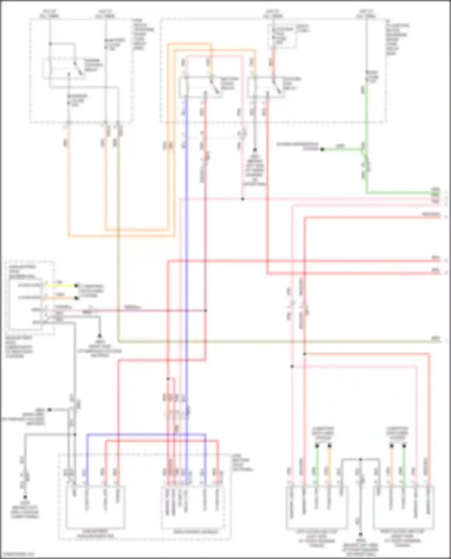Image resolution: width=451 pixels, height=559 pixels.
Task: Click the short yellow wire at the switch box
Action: point(60,285)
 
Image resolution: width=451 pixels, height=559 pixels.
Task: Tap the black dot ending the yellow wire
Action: point(76,286)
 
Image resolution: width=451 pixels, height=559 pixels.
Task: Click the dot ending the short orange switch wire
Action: point(76,298)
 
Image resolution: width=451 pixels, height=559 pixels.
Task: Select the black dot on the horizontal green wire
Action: point(322,149)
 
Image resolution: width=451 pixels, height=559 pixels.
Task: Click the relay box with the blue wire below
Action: point(201,87)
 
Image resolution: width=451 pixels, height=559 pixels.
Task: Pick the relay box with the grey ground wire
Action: point(266,87)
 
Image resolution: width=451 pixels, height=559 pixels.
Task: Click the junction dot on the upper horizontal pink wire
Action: point(243,199)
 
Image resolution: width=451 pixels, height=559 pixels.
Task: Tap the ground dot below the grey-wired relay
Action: point(255,149)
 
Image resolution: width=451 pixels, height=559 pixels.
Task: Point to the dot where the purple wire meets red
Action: point(206,310)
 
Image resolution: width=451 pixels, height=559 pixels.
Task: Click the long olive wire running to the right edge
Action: point(271,342)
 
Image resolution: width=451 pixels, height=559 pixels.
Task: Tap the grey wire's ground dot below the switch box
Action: point(100,336)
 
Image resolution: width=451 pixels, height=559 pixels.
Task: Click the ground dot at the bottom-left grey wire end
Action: point(25,497)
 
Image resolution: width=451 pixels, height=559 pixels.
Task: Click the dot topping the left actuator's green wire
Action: point(317,446)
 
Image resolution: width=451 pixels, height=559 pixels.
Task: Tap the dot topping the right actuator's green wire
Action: point(404,446)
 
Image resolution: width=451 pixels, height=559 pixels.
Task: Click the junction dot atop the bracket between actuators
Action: point(360,459)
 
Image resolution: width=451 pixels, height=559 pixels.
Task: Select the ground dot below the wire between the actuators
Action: point(360,534)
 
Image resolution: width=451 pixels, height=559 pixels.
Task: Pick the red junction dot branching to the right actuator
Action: point(304,354)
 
